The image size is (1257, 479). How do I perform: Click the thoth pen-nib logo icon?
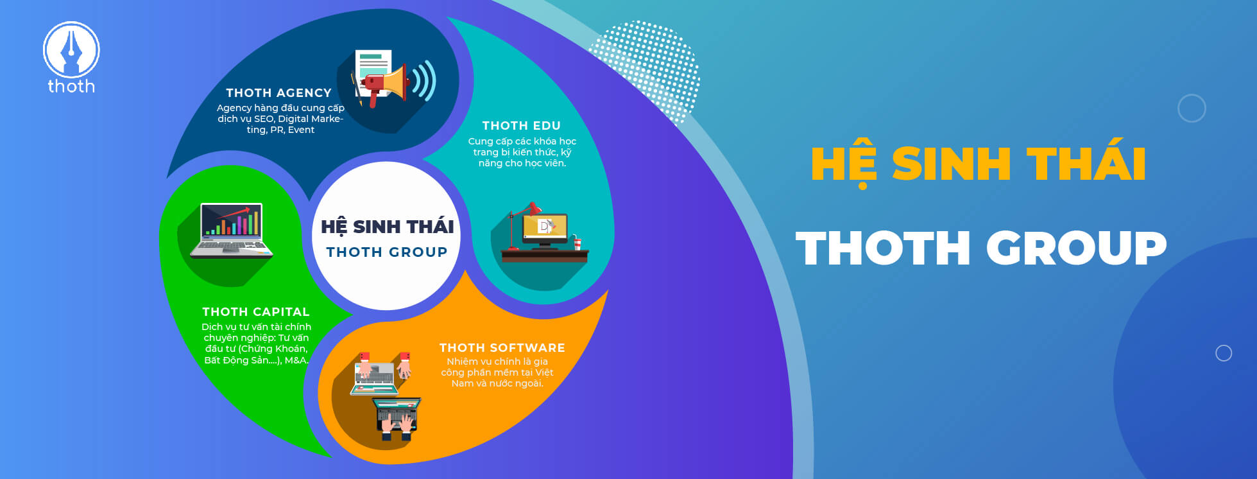click(x=71, y=50)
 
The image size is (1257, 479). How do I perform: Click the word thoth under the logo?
click(x=71, y=86)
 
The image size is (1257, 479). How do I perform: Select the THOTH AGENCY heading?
click(x=278, y=93)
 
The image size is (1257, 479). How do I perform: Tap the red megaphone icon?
click(x=385, y=85)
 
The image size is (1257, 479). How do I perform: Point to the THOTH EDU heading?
click(x=522, y=126)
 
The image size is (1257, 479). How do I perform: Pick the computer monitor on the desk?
click(x=545, y=230)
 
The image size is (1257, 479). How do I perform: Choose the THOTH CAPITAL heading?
click(x=256, y=312)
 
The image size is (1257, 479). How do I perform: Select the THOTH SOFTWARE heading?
click(x=502, y=348)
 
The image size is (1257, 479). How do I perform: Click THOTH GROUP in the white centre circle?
click(x=387, y=252)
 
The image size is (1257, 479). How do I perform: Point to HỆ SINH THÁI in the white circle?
click(x=388, y=225)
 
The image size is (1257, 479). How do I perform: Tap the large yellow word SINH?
click(x=952, y=164)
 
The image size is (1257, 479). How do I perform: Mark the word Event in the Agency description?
click(x=301, y=130)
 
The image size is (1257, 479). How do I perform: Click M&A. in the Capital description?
click(x=296, y=360)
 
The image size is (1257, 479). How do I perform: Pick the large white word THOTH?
click(x=882, y=248)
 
